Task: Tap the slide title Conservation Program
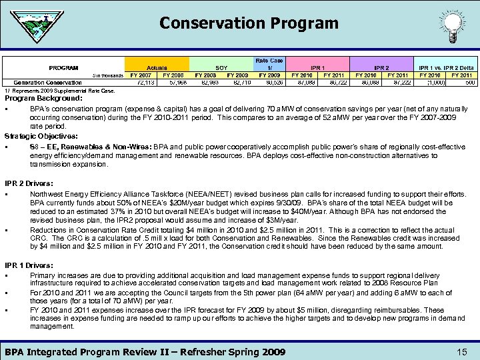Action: (249, 23)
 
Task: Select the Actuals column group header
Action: (157, 67)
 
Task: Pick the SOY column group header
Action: (221, 67)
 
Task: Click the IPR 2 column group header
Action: (381, 67)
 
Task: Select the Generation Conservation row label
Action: (43, 83)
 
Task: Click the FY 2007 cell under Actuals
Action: (142, 75)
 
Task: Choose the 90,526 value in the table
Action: (270, 83)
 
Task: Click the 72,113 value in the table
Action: (142, 83)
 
